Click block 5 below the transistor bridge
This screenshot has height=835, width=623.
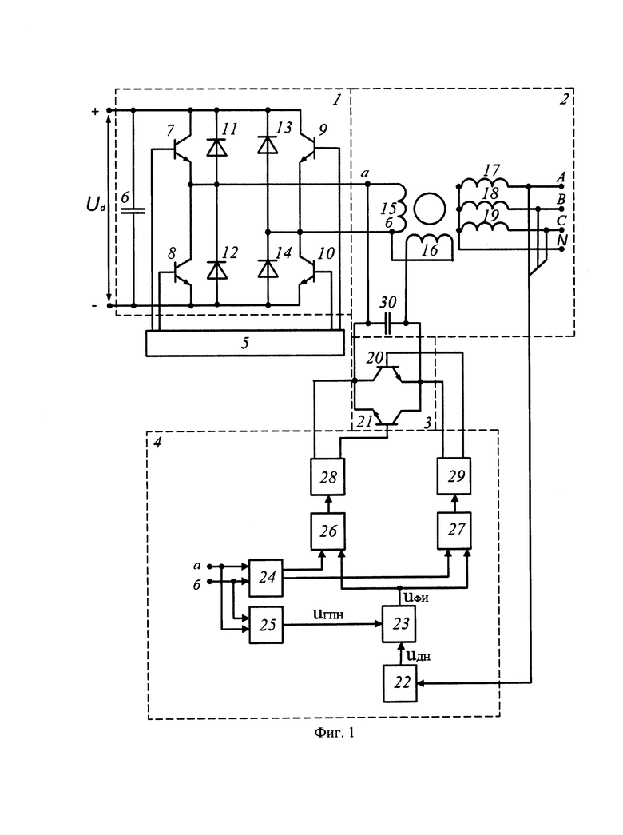click(x=245, y=343)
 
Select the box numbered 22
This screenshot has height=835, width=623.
click(x=400, y=683)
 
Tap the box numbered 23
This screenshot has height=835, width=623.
click(x=399, y=623)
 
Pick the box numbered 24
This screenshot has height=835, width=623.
click(x=266, y=578)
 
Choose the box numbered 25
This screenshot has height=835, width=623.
click(x=266, y=625)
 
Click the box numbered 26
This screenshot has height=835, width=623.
click(x=328, y=531)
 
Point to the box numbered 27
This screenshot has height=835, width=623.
click(x=454, y=530)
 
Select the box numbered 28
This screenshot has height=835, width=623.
click(x=327, y=476)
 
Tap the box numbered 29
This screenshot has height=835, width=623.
click(x=454, y=476)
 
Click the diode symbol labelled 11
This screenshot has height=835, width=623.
click(x=216, y=147)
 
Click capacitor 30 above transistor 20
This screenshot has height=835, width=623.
click(x=387, y=324)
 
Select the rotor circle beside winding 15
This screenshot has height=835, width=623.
click(x=430, y=209)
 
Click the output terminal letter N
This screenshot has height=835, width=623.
click(x=561, y=241)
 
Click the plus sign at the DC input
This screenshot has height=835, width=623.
click(x=95, y=112)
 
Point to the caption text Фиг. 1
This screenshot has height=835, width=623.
click(x=335, y=733)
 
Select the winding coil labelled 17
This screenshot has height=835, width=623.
click(x=483, y=183)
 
